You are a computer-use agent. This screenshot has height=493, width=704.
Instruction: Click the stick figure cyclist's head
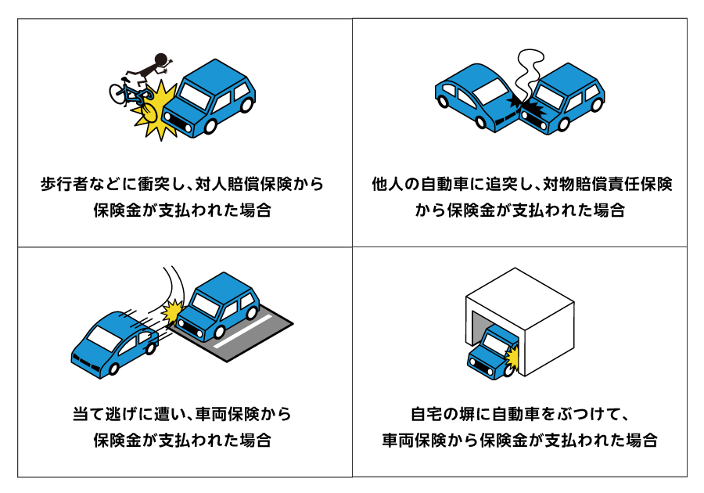[162, 59]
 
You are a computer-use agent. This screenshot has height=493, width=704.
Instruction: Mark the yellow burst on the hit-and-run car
[171, 311]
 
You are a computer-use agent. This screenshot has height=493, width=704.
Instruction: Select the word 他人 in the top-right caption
[388, 185]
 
